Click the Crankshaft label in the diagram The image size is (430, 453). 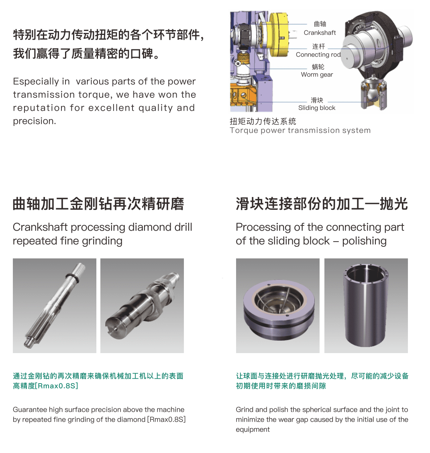(x=320, y=33)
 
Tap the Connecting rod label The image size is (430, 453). (x=318, y=55)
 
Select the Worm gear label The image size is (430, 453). (x=317, y=75)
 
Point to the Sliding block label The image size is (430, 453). (x=317, y=108)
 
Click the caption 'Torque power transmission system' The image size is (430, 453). (x=300, y=130)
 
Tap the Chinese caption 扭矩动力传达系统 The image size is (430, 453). (x=263, y=121)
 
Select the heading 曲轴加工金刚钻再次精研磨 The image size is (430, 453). (x=98, y=204)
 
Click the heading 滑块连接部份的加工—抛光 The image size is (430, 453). (x=322, y=204)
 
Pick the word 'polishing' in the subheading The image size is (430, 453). (x=364, y=241)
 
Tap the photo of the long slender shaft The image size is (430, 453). (x=55, y=306)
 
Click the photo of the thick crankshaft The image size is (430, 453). (x=142, y=306)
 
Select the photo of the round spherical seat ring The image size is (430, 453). (x=278, y=306)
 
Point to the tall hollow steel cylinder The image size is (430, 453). (x=366, y=306)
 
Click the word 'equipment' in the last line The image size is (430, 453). (x=253, y=429)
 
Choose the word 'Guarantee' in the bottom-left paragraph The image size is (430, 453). (x=30, y=410)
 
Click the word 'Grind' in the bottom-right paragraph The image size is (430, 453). (x=245, y=410)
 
